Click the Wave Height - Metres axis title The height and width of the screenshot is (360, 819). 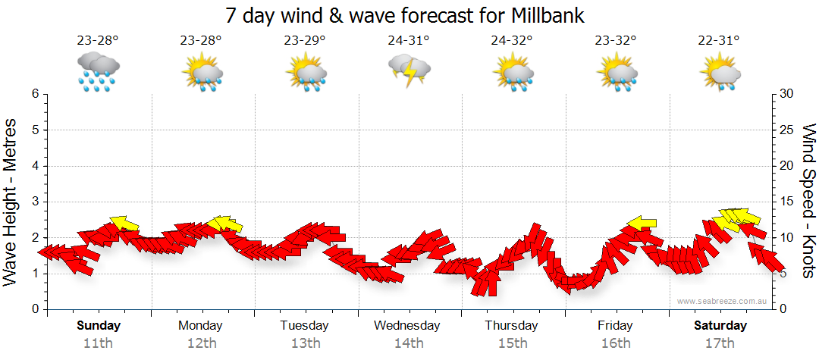12,202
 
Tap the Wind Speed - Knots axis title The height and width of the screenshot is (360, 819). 808,202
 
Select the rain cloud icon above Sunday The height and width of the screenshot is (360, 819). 99,71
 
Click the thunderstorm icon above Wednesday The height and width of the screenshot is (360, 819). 409,71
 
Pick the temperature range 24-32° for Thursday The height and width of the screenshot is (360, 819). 512,40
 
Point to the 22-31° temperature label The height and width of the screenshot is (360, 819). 720,40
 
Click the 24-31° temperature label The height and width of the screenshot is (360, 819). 408,40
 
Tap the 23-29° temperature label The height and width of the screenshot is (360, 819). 305,40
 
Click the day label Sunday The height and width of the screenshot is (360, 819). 99,326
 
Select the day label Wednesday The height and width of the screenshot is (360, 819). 407,326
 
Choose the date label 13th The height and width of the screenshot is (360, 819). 305,343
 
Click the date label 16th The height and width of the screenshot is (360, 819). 615,343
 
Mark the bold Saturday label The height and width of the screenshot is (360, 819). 720,326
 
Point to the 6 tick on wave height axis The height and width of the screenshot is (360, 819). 34,94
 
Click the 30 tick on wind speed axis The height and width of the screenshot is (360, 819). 787,94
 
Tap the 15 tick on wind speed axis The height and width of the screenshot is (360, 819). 787,202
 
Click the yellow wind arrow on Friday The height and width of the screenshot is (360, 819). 641,223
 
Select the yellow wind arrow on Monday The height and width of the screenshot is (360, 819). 225,224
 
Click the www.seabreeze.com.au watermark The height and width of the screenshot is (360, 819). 723,302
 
